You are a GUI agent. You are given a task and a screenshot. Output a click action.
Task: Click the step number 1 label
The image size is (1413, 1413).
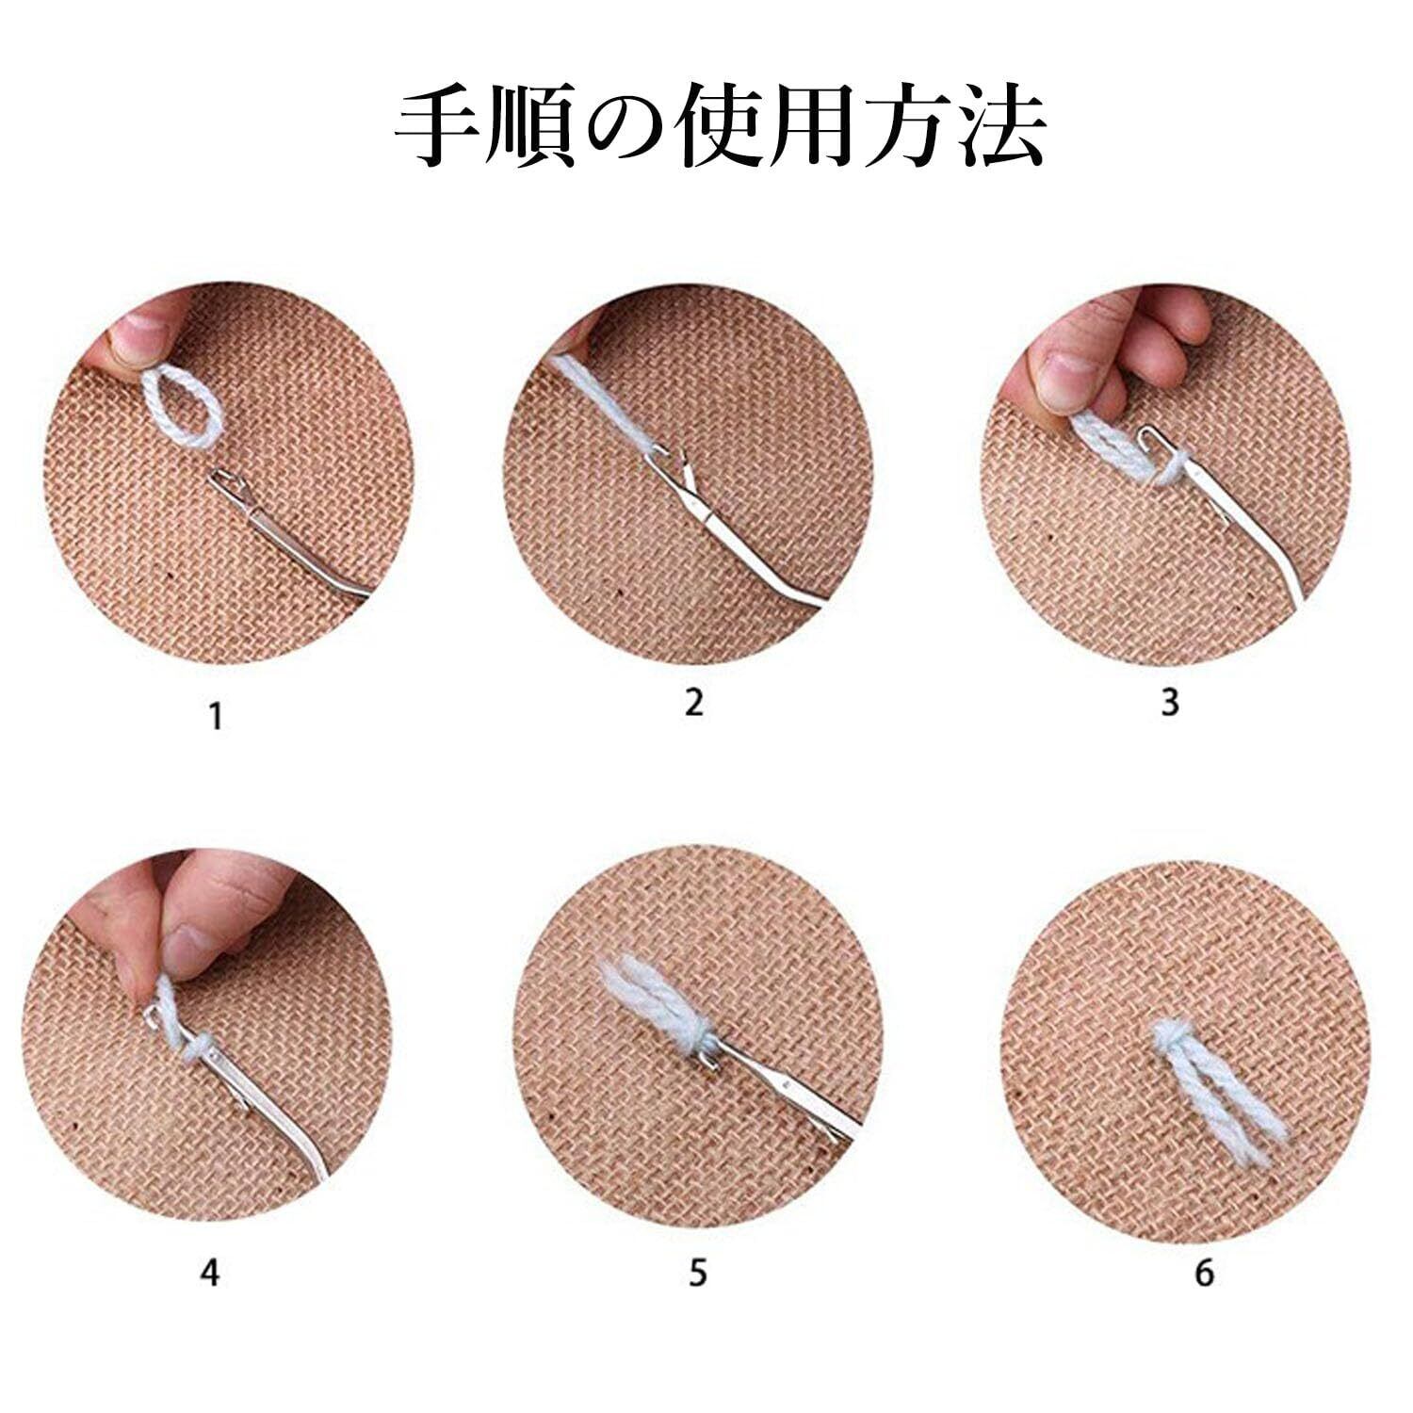(216, 717)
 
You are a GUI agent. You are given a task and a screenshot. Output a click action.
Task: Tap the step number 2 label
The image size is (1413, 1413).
(694, 702)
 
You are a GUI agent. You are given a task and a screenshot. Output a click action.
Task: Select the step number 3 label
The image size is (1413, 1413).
(1170, 702)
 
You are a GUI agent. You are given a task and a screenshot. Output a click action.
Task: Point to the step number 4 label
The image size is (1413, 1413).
(210, 1274)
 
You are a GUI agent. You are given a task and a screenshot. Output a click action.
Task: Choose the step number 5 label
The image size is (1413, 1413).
(697, 1274)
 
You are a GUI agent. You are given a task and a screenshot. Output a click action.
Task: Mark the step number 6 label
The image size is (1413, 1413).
(1205, 1274)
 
